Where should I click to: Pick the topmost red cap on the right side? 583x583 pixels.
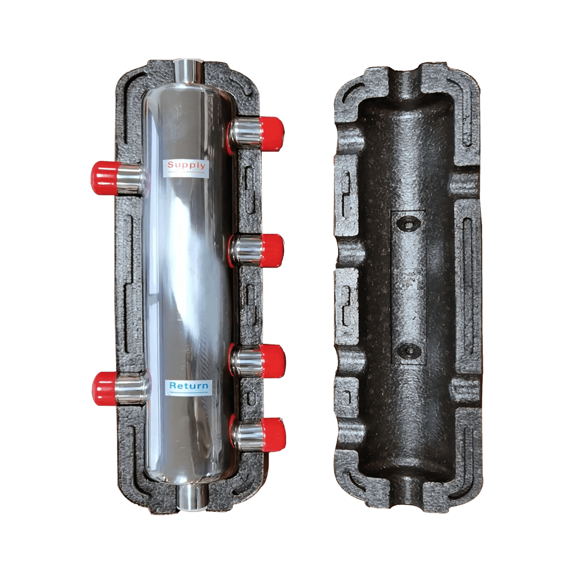[x=271, y=134]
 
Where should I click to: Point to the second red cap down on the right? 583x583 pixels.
[x=271, y=251]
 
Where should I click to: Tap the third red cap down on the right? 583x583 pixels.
[x=272, y=361]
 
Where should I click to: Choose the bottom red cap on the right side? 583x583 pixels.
[x=272, y=434]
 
